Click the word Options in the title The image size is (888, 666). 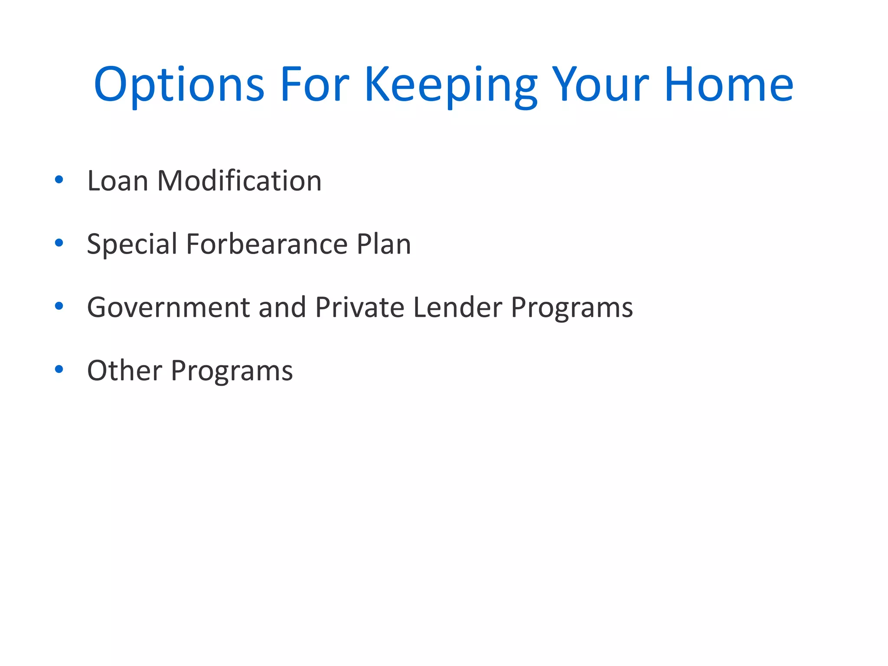pos(179,85)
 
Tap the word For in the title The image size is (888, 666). pos(315,85)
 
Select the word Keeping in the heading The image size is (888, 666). pos(451,85)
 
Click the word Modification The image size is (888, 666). pos(239,181)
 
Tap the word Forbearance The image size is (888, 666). pos(267,244)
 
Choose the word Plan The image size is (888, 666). pos(384,244)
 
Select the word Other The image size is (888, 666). pos(124,371)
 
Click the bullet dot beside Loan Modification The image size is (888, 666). pos(59,180)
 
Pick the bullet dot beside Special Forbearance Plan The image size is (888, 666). pos(59,243)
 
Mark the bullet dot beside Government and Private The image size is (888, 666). pos(59,306)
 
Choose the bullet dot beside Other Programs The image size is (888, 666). pos(59,369)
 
